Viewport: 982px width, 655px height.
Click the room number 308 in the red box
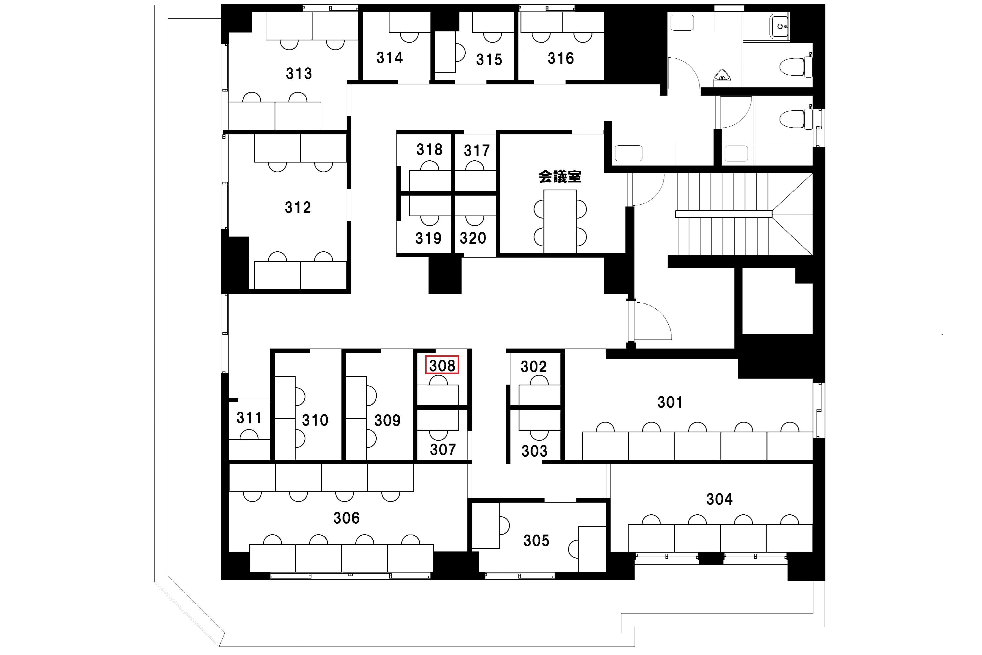point(442,365)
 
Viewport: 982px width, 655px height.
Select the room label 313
point(299,73)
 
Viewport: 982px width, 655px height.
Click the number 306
point(346,518)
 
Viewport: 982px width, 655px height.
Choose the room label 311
point(249,417)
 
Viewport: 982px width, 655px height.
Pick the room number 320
point(473,238)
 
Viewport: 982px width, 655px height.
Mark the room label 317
point(477,151)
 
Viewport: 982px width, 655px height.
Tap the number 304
point(719,499)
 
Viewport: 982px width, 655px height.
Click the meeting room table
point(560,222)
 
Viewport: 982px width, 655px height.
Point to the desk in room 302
point(539,395)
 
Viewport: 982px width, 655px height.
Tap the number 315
point(489,60)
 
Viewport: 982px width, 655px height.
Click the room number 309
point(387,420)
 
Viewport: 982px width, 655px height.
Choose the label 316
point(561,58)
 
